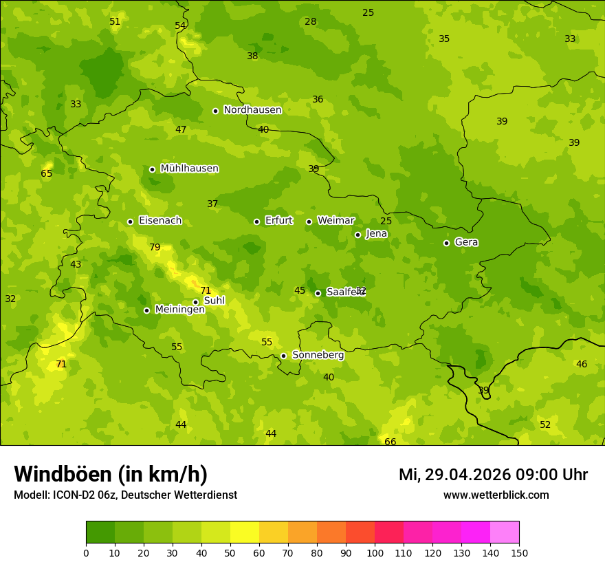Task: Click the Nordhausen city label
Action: tap(252, 110)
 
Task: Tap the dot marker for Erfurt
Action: tap(256, 222)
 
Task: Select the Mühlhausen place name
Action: tap(189, 169)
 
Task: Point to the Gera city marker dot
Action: tap(446, 243)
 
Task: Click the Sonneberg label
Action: tap(318, 355)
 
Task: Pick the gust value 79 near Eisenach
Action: tap(155, 248)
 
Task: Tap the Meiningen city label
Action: tap(179, 310)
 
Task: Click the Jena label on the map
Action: tap(377, 234)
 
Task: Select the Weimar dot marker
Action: tap(309, 222)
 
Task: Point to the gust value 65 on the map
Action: tap(47, 174)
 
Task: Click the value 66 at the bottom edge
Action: tap(390, 442)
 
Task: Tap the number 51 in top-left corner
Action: tap(115, 22)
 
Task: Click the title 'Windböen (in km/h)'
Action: tap(111, 474)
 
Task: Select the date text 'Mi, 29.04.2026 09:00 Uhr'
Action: tap(493, 475)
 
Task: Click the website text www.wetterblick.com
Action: tap(496, 495)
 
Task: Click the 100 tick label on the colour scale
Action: tap(375, 552)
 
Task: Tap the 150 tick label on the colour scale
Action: tap(519, 552)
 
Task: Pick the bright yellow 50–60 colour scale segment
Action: tap(245, 532)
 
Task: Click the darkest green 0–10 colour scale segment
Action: tap(100, 532)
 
